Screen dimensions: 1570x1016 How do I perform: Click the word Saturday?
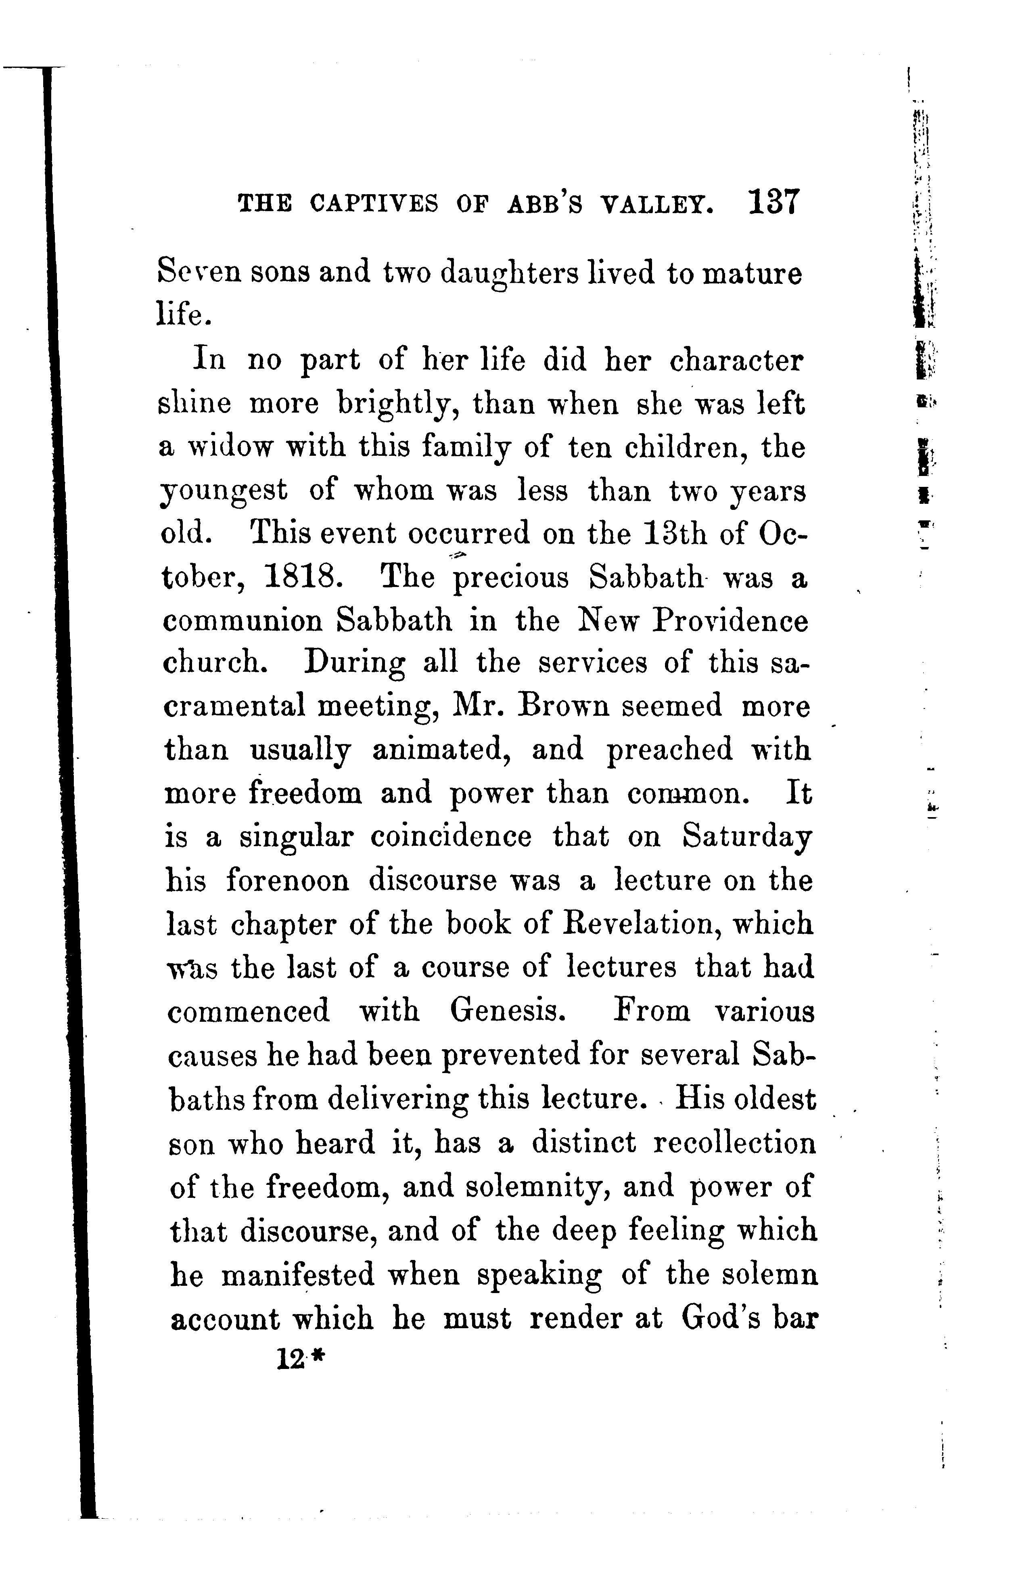(x=746, y=837)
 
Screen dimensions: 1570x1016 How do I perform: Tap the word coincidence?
(x=450, y=837)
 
